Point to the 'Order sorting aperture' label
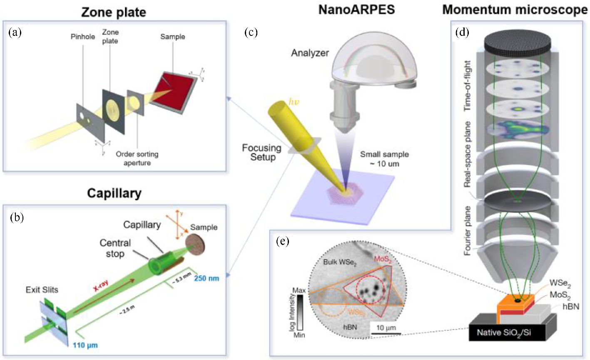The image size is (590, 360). click(x=137, y=158)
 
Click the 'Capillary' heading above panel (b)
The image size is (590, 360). click(x=114, y=193)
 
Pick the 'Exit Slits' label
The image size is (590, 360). click(x=42, y=289)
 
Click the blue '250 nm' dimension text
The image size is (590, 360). click(x=207, y=278)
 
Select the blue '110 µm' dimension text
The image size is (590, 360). click(x=85, y=345)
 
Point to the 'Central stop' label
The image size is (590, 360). click(x=115, y=248)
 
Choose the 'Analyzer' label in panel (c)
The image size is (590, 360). click(x=310, y=53)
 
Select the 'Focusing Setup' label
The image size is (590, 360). click(x=261, y=152)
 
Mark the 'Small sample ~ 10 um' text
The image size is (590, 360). click(x=384, y=159)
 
